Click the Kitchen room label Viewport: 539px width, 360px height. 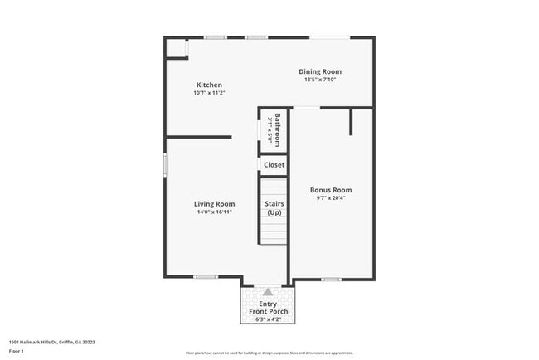click(x=208, y=85)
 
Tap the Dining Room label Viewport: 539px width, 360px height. click(x=320, y=71)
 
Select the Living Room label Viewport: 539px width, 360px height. click(x=214, y=203)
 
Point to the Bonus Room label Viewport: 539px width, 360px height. click(x=331, y=189)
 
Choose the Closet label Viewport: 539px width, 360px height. click(x=274, y=165)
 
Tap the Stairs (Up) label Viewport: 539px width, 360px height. click(x=274, y=207)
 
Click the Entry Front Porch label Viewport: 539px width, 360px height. click(x=268, y=308)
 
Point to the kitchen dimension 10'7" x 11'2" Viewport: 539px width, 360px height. click(x=208, y=93)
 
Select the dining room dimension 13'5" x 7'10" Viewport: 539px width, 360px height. click(x=320, y=80)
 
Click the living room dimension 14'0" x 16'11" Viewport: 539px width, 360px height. click(x=214, y=212)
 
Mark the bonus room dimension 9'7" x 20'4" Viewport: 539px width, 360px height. click(x=331, y=198)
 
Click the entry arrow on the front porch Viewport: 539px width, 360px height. click(x=268, y=291)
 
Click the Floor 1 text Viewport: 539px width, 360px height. click(x=15, y=351)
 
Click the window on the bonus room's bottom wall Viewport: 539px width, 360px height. click(x=331, y=278)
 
